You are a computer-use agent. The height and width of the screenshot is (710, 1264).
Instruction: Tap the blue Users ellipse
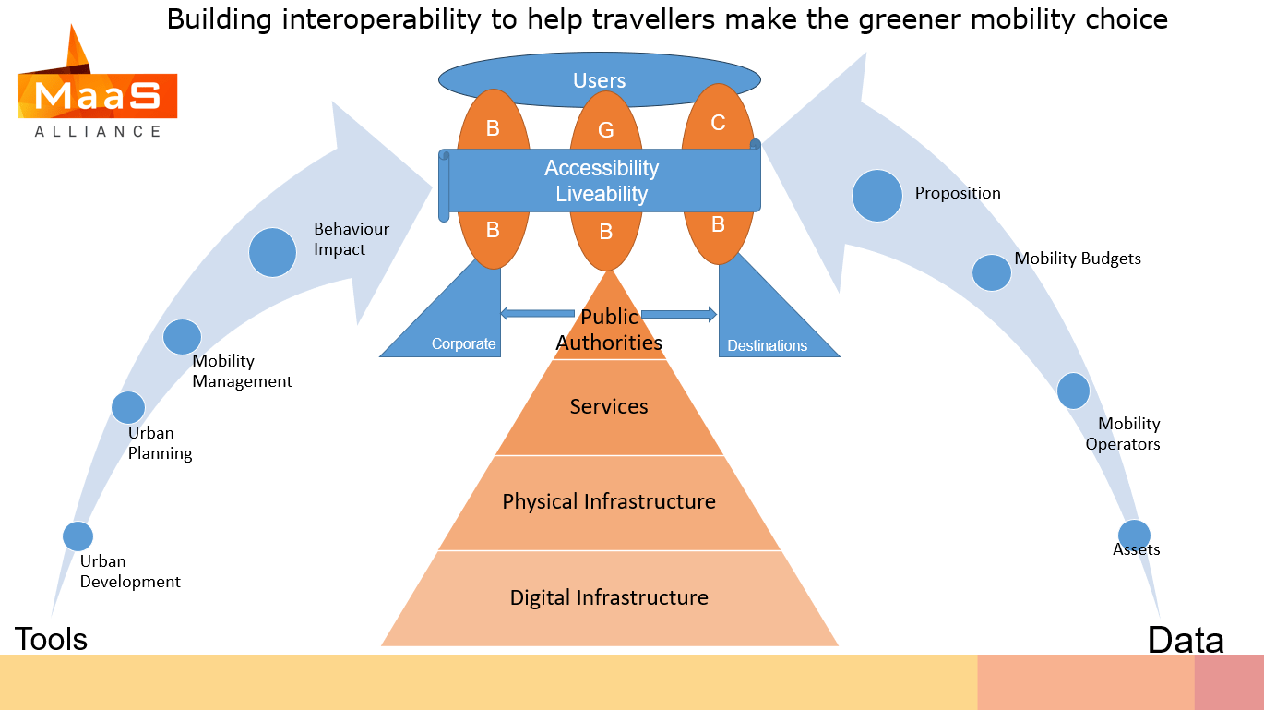point(599,80)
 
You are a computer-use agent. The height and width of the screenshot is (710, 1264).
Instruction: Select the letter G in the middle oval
point(605,130)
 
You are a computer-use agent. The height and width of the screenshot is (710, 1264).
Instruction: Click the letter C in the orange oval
point(718,122)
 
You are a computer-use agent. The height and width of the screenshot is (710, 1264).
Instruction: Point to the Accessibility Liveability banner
point(601,181)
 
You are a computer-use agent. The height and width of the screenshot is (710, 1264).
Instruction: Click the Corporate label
point(463,343)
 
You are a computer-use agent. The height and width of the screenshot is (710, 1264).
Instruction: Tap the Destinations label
point(767,345)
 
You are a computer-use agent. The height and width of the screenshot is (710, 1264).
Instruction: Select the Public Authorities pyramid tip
point(609,330)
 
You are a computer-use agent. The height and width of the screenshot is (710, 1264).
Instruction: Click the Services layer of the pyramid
point(609,406)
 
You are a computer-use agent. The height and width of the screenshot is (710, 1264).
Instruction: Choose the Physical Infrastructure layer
point(609,501)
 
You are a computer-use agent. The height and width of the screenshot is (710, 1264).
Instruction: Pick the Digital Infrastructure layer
point(609,597)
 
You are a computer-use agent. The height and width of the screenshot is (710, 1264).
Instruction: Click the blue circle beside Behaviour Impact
point(273,252)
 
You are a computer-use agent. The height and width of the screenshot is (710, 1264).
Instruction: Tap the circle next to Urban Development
point(78,536)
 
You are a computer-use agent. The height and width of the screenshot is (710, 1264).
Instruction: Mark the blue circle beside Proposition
point(876,196)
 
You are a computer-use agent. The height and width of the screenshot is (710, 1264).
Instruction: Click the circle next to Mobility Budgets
point(992,272)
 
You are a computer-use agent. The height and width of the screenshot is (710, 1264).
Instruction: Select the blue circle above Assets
point(1134,536)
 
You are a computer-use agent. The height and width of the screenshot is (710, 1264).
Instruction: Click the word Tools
point(51,638)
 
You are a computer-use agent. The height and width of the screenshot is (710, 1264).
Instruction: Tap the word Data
point(1186,640)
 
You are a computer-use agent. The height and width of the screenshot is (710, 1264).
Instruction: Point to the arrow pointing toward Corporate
point(535,314)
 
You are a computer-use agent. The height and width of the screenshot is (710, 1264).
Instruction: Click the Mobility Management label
point(242,371)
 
